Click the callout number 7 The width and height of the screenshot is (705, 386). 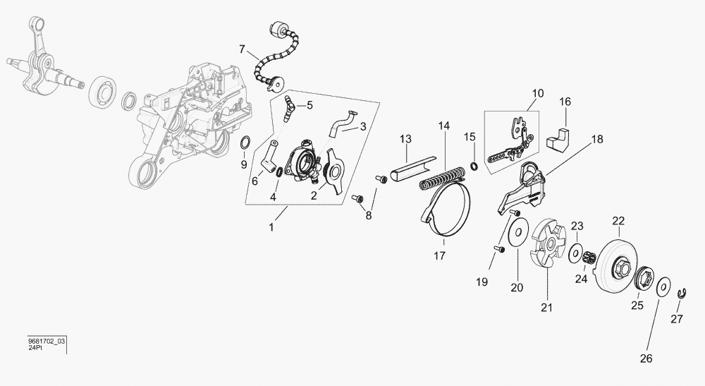[x=242, y=49]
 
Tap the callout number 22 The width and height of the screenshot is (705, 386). [x=618, y=221]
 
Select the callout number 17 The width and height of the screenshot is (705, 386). [x=439, y=255]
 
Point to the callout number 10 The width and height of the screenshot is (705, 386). [x=538, y=93]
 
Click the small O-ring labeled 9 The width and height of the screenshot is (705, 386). [x=245, y=143]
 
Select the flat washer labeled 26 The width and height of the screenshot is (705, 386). [x=663, y=288]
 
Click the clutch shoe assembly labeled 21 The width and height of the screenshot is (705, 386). [x=548, y=244]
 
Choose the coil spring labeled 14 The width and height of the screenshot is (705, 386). [x=442, y=177]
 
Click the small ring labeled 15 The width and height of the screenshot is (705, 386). [x=475, y=166]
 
